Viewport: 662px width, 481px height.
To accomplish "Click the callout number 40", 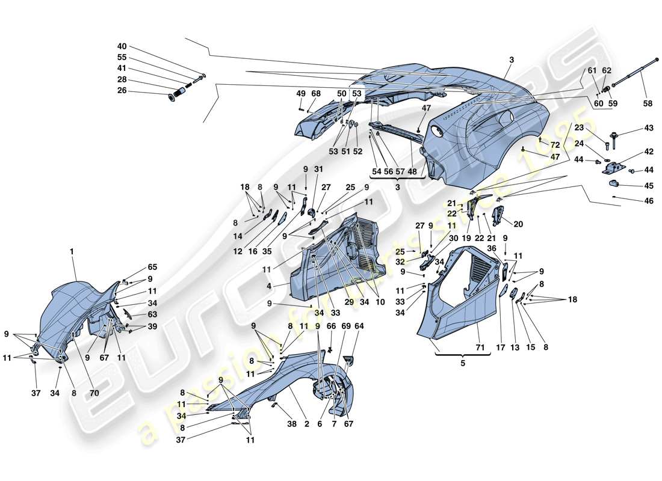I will [x=122, y=46].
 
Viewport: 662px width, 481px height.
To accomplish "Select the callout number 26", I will [x=122, y=91].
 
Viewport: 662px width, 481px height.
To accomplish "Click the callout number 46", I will [x=648, y=201].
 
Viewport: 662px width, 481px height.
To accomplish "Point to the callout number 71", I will [x=479, y=348].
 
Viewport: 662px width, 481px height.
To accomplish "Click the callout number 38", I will [x=291, y=424].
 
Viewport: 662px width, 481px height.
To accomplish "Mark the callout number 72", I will [x=555, y=146].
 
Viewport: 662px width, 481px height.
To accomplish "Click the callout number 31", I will [x=318, y=169].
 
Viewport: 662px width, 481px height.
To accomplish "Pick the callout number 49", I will [x=301, y=94].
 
